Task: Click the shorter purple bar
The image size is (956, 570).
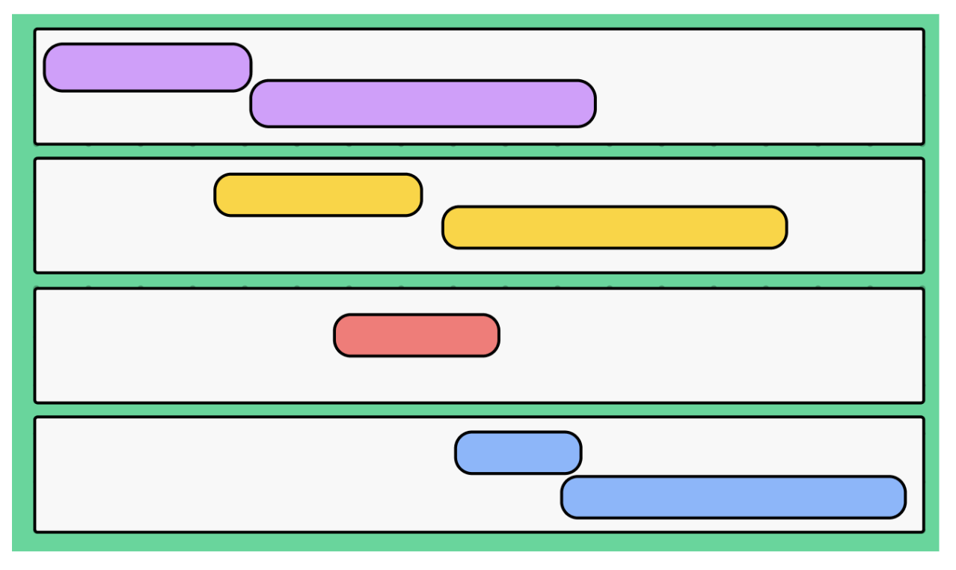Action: (x=147, y=67)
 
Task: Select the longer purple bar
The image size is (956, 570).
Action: (x=423, y=103)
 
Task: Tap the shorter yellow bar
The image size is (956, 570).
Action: (x=318, y=195)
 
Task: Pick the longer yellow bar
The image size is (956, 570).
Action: (x=614, y=227)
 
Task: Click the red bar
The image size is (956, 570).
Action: (x=417, y=335)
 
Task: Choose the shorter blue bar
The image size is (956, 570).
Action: (x=518, y=453)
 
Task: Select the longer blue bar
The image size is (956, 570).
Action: (x=733, y=497)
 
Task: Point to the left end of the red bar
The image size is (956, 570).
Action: (x=336, y=335)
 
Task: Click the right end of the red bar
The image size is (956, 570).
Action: (x=497, y=335)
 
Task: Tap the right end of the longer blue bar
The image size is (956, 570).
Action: (x=904, y=497)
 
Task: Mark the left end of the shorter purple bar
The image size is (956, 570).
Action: (x=46, y=67)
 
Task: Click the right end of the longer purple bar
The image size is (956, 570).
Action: (x=594, y=103)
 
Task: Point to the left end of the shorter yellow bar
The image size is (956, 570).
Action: (x=216, y=195)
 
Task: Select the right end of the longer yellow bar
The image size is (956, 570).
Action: (x=785, y=227)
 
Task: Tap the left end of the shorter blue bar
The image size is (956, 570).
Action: (x=457, y=453)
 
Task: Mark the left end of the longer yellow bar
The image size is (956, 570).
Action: (x=444, y=227)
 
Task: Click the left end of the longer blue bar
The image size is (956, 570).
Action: (x=563, y=497)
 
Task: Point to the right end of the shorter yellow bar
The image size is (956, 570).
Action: (x=420, y=195)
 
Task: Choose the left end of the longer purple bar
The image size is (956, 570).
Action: (x=253, y=103)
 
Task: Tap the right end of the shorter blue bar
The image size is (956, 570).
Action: (x=580, y=453)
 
